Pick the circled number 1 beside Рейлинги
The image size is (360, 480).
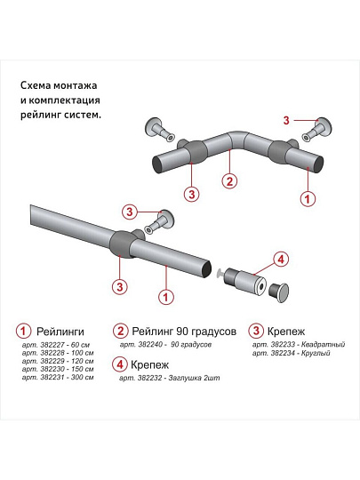27,331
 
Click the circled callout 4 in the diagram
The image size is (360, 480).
280,260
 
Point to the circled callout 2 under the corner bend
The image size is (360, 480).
229,181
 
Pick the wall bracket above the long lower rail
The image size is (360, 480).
159,220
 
